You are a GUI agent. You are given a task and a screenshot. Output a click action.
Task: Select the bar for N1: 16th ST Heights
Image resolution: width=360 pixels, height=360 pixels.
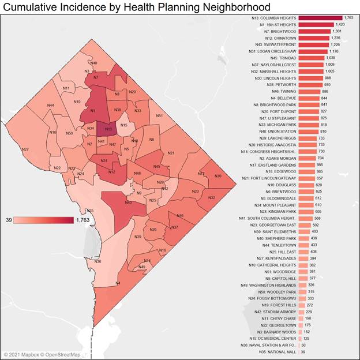(317, 25)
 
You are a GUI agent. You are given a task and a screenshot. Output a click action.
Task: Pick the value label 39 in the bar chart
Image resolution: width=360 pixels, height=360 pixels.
(303, 351)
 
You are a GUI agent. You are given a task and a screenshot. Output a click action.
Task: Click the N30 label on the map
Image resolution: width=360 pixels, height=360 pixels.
(217, 175)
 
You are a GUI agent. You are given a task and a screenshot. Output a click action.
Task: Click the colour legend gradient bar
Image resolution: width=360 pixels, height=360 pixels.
(44, 220)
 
